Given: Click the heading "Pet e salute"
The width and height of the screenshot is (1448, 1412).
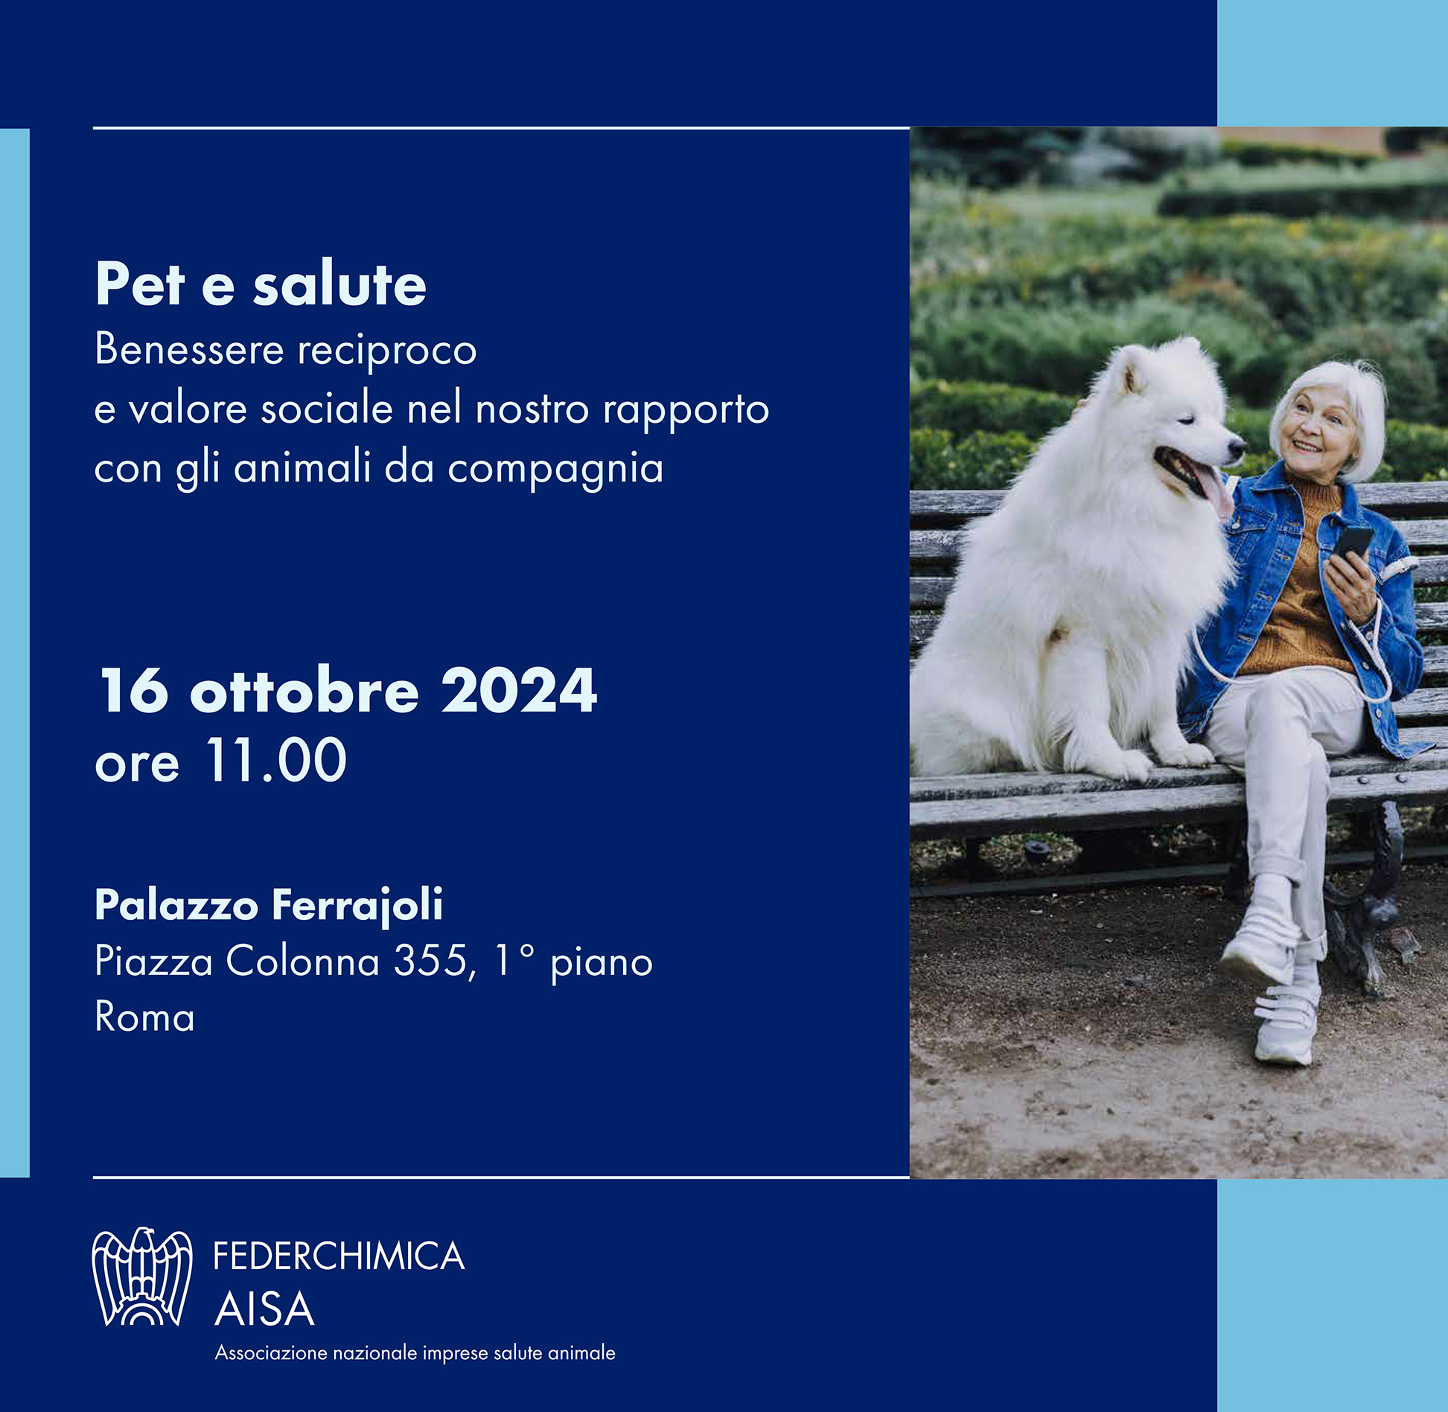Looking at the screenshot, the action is (x=261, y=284).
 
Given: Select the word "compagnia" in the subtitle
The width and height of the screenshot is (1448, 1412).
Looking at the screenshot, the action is (x=555, y=470).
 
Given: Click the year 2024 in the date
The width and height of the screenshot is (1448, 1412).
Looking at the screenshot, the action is (x=519, y=690).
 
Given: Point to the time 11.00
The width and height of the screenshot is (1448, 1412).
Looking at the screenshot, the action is (x=276, y=761).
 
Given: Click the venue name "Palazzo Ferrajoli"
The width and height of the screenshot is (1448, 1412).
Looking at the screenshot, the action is (x=269, y=906).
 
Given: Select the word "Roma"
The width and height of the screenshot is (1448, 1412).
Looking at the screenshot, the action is (x=144, y=1017).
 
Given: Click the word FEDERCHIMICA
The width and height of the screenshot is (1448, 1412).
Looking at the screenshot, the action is (x=339, y=1256).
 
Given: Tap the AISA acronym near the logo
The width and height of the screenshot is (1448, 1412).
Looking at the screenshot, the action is (x=264, y=1309).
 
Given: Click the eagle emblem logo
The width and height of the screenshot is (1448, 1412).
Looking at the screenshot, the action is (x=141, y=1277).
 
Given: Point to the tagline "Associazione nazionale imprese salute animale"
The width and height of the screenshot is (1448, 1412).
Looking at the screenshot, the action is (x=415, y=1352).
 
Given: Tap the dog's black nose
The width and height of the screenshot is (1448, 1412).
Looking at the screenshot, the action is (x=1237, y=449).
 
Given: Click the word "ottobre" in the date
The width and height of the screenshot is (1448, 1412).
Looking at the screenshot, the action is (x=305, y=690).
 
